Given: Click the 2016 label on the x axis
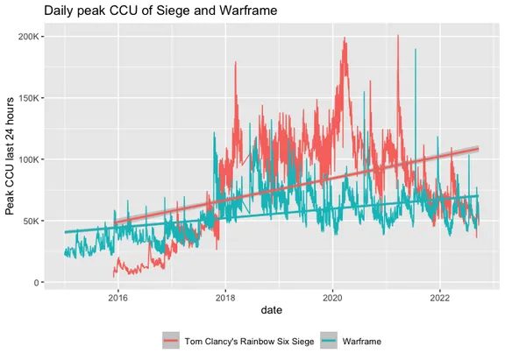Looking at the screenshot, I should coord(119,298).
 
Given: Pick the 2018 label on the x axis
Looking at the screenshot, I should coord(226,298).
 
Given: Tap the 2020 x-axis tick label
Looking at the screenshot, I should coord(333,298).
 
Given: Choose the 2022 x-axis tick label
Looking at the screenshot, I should coord(439,298).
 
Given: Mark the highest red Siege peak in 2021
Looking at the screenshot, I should coord(398,37).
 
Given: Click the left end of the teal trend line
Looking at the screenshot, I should coord(65,232).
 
